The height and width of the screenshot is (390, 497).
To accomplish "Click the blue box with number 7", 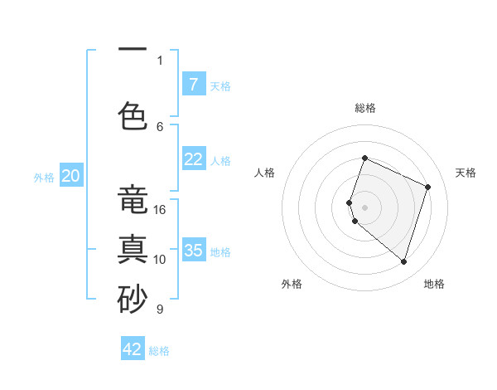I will [193, 85].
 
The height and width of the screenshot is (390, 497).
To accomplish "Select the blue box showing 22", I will [193, 159].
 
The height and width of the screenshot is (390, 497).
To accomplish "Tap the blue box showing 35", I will [193, 251].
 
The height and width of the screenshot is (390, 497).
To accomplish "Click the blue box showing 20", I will [71, 176].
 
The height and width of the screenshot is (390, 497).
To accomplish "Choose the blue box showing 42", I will [133, 349].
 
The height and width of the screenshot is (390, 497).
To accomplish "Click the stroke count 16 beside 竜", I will [160, 210].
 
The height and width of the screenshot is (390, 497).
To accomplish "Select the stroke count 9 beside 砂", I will [160, 310].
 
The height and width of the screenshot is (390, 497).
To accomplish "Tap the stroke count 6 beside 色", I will [160, 126].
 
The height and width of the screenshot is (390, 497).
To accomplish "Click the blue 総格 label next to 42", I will [159, 351].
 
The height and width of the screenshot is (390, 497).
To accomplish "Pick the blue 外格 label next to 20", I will [44, 178].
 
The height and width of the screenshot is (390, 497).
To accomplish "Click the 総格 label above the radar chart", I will [364, 108].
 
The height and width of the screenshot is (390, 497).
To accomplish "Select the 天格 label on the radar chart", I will [466, 173].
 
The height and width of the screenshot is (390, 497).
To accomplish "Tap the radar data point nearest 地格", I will [403, 261].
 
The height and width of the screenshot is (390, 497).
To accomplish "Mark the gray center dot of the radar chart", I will [364, 206].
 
